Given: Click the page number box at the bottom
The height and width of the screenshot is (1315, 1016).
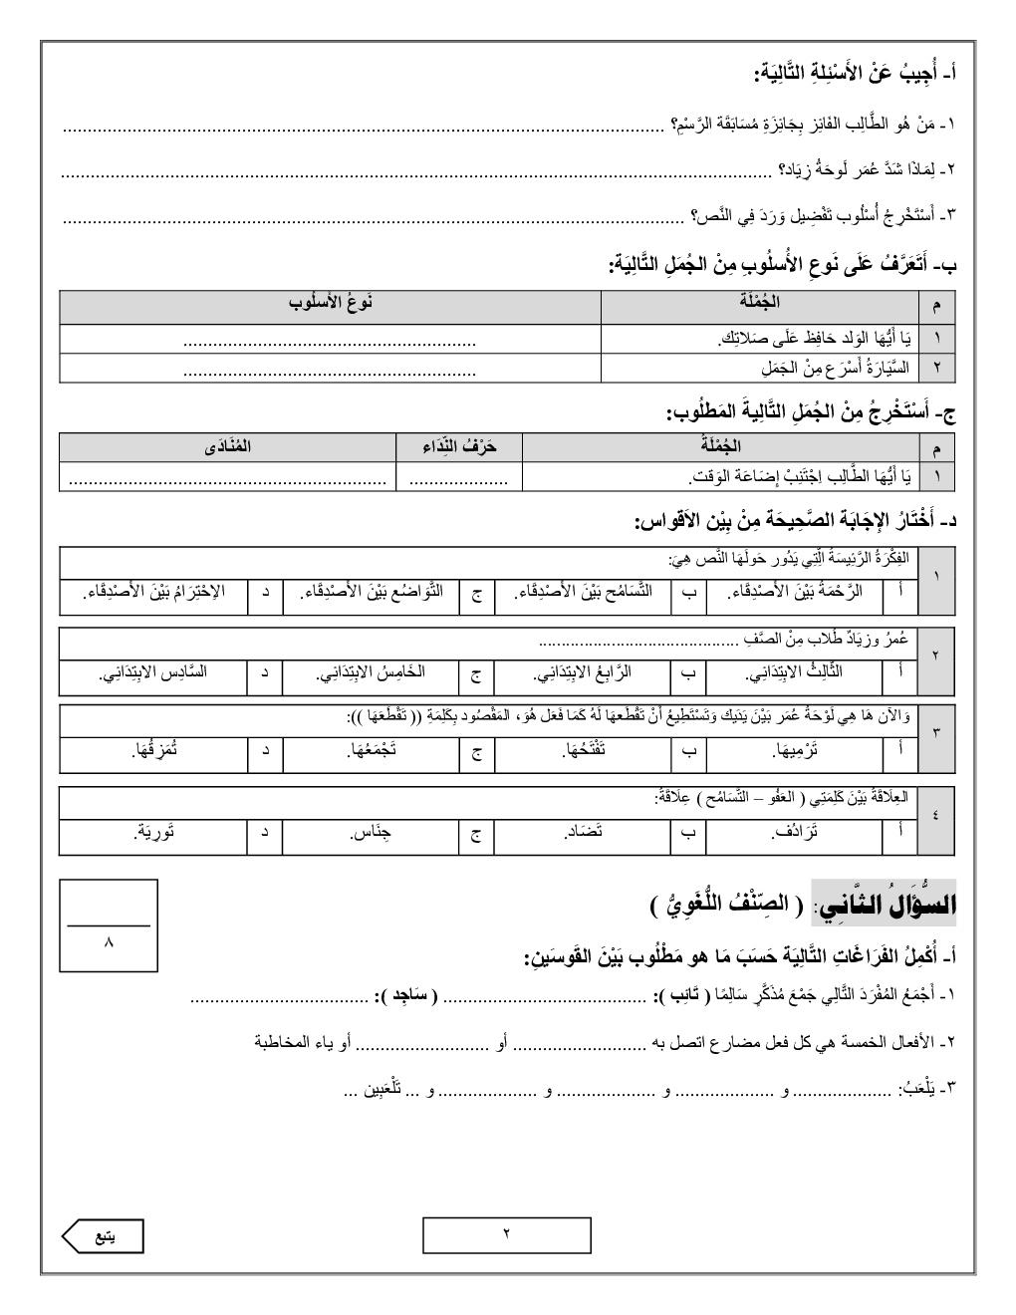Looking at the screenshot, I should click(506, 1235).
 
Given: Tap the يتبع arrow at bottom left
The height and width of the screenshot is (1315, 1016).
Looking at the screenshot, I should click(103, 1236).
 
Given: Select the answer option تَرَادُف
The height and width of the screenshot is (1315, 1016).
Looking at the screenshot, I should click(796, 833).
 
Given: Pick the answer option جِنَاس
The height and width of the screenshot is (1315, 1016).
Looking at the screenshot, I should click(371, 833).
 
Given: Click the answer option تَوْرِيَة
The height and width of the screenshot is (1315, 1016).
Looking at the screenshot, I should click(155, 833).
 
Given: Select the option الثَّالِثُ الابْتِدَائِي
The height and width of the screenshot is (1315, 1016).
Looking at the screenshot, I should click(795, 672).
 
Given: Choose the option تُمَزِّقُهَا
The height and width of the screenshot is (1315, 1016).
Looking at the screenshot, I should click(155, 752).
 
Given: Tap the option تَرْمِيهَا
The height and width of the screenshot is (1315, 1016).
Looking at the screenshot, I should click(796, 752).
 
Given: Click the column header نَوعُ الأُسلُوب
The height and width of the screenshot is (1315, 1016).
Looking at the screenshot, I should click(330, 303).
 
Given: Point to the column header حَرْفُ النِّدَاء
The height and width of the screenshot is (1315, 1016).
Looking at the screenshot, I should click(459, 446).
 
